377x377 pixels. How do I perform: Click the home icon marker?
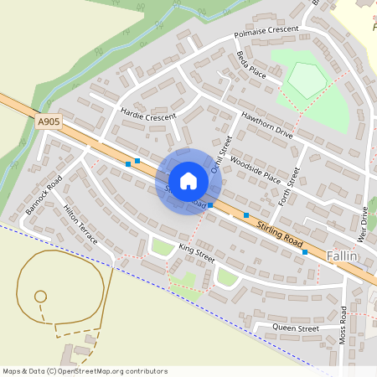coord(188,181)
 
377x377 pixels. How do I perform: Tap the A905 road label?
coord(49,122)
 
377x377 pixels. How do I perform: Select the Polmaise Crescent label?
coord(266,32)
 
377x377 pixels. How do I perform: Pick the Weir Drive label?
coord(364,222)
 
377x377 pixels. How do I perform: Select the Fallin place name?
coord(343,256)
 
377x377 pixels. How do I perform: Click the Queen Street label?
coord(297,329)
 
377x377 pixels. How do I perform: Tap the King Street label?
coord(198,249)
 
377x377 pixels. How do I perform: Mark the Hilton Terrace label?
coord(81,227)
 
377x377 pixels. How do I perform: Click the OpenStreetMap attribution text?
coord(85,370)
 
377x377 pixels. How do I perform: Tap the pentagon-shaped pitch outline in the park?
coord(305,80)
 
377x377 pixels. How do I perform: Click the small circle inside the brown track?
coord(39,296)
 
